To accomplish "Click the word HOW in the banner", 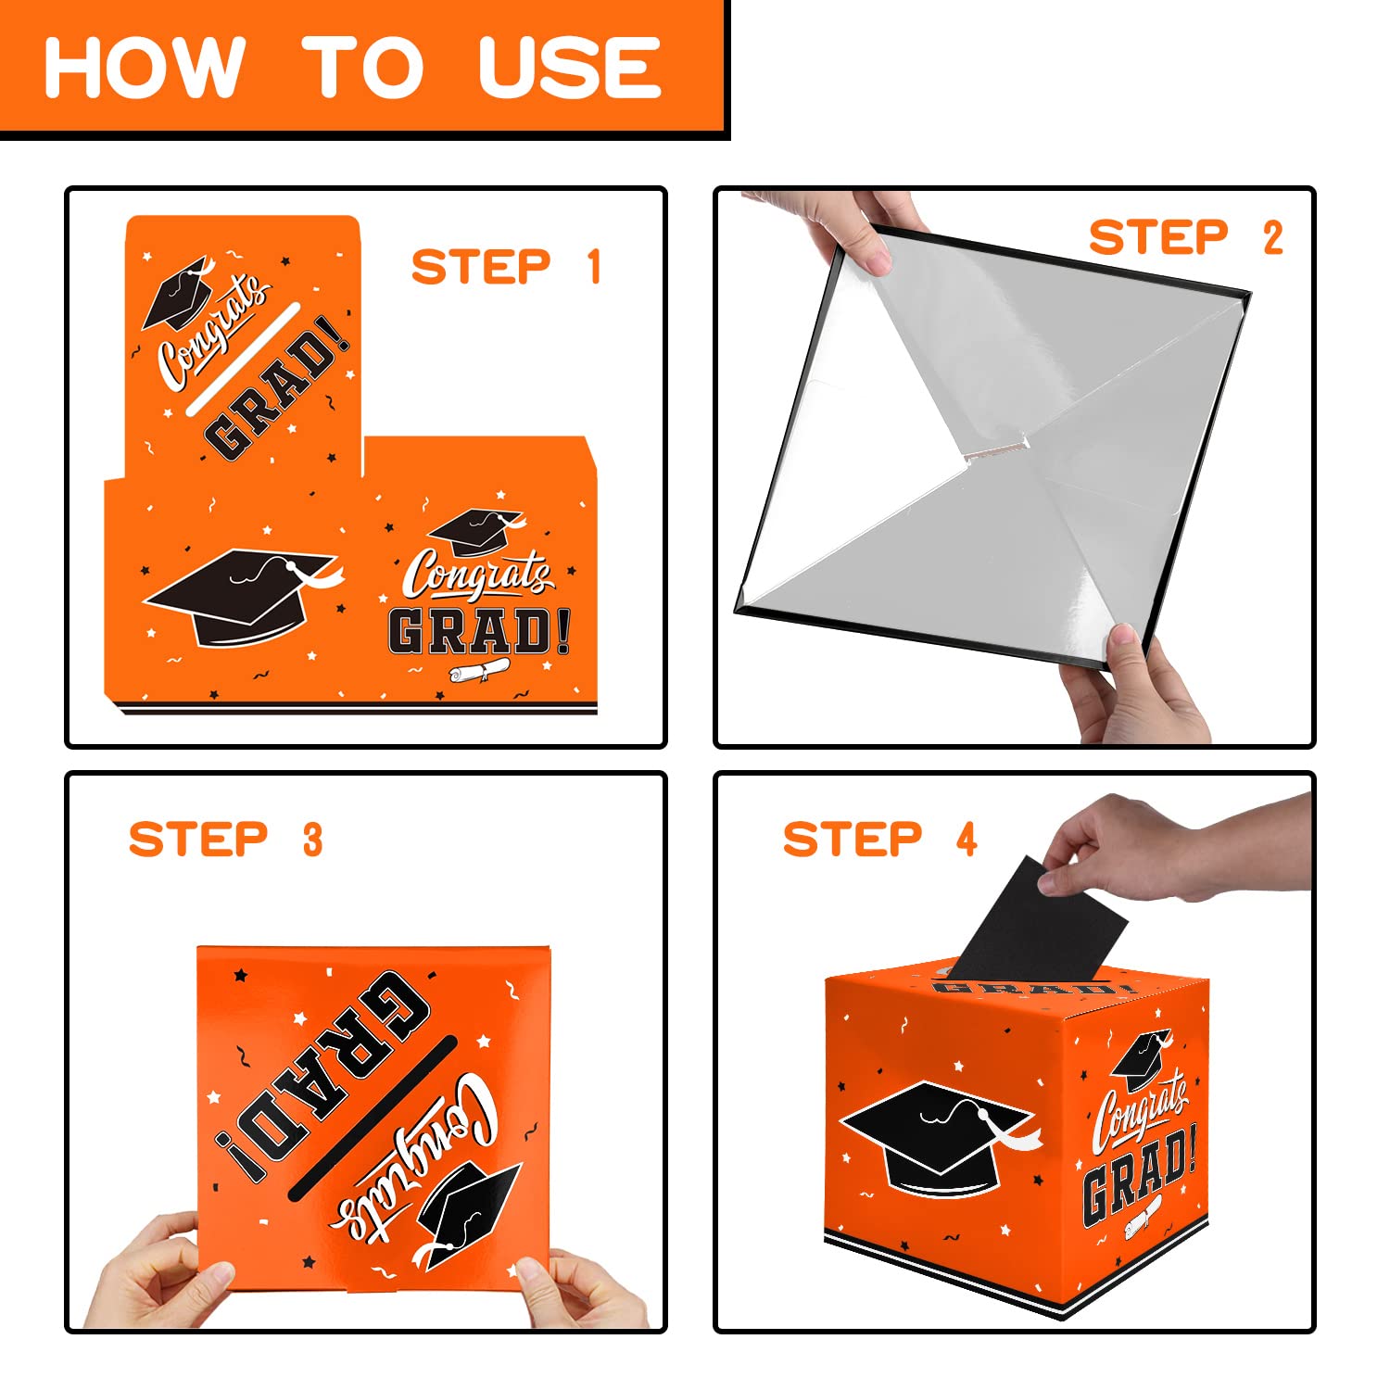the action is tap(145, 67).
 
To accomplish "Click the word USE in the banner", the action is tap(569, 67).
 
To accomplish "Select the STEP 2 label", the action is tap(1186, 237).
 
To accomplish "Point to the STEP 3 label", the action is tap(226, 839).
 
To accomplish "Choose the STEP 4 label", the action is tap(880, 839).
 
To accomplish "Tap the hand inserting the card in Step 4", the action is tap(1177, 848).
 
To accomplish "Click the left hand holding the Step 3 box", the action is tap(158, 1274).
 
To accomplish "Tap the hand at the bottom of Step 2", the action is tap(1135, 686).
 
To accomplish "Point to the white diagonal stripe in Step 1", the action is tap(244, 358).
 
